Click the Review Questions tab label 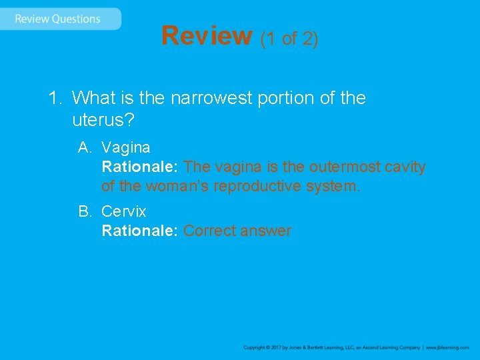57,19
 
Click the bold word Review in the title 206,36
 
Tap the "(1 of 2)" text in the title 289,39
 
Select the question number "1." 55,98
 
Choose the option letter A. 84,147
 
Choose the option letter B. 84,211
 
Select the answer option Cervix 123,211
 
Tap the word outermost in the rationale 345,167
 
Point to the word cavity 405,167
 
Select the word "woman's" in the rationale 173,186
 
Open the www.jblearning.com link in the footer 447,347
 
